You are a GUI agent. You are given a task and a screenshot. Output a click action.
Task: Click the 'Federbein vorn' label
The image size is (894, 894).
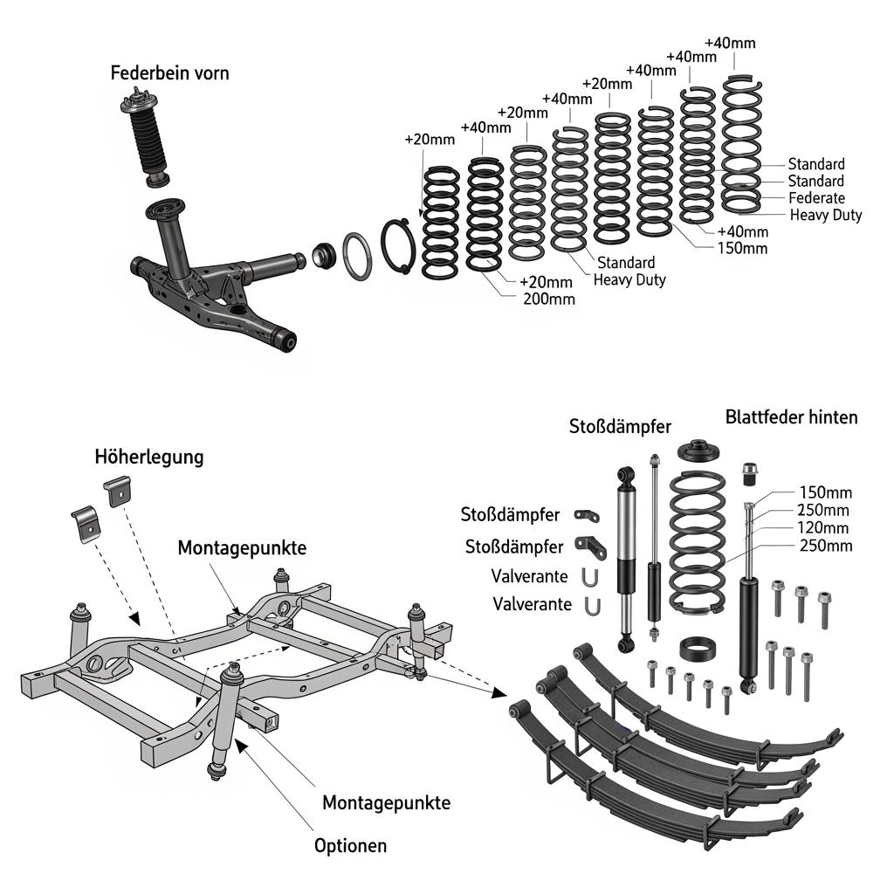[169, 73]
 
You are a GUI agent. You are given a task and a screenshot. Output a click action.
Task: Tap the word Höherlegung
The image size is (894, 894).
[149, 457]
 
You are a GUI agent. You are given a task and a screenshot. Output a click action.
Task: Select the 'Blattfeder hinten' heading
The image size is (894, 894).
[791, 417]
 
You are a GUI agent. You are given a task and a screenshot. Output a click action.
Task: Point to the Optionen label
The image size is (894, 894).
[350, 845]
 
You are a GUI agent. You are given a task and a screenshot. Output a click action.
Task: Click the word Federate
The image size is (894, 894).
[816, 198]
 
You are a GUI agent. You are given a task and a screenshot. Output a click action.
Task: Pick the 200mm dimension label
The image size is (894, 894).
[549, 299]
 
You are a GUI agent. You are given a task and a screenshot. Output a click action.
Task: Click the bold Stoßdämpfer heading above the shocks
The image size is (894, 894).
[620, 427]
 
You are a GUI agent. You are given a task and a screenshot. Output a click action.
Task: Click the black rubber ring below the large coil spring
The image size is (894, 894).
[698, 650]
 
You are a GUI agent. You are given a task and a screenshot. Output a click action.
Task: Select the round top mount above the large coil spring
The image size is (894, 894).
[697, 451]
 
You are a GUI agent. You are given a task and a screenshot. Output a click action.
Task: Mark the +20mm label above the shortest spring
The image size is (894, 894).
[430, 140]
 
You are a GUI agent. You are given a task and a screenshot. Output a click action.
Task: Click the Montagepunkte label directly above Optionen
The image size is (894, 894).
[386, 802]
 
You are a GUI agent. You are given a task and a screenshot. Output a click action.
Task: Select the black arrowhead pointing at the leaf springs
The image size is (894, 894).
[499, 692]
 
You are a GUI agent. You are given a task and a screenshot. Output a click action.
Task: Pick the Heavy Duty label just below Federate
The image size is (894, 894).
[825, 215]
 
